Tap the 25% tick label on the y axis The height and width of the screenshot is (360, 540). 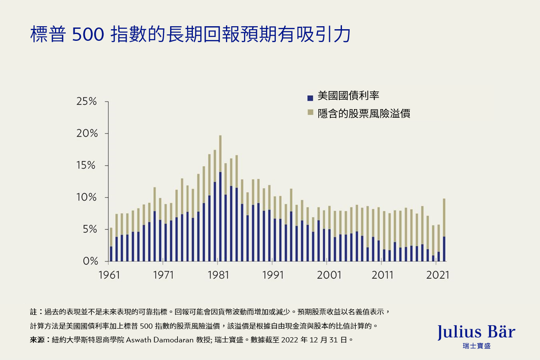coord(87,102)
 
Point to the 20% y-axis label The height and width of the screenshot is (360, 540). coord(87,134)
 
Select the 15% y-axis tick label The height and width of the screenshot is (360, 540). coord(87,166)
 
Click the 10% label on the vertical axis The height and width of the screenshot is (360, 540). coord(87,198)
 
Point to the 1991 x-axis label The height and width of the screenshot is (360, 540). coord(274,275)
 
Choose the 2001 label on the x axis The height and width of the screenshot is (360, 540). coord(329,275)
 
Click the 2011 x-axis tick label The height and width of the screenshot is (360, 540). coord(382,275)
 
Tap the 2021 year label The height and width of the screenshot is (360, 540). coord(437,275)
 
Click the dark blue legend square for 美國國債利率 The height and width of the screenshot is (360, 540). coord(310,98)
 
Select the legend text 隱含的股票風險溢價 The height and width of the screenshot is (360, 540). coord(364,113)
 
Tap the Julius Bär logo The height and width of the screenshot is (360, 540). coord(476,335)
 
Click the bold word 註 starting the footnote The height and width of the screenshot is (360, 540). coord(34,311)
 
